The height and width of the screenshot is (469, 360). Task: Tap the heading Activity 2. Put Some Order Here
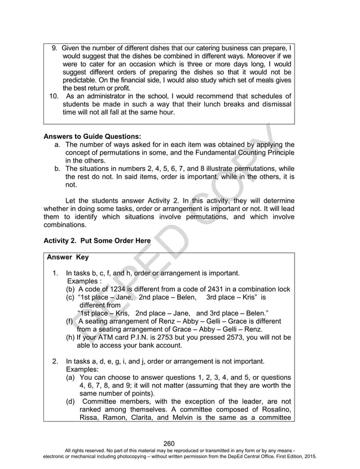click(x=97, y=240)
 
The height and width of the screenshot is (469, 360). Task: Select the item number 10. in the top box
click(x=54, y=97)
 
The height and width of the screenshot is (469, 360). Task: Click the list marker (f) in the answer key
click(x=71, y=321)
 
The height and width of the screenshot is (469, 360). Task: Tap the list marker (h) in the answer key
click(x=71, y=337)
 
